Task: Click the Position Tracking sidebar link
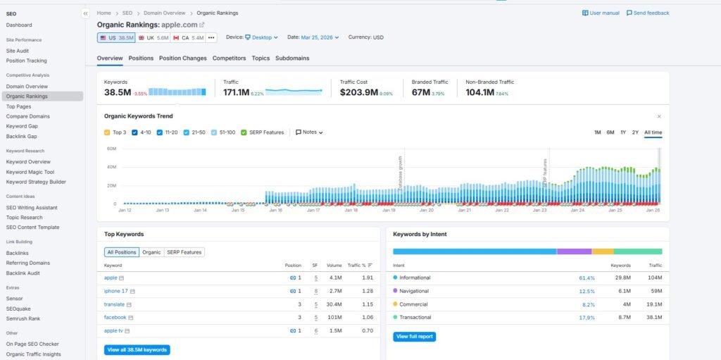pyautogui.click(x=26, y=61)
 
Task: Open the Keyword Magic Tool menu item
pyautogui.click(x=30, y=172)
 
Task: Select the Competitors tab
pyautogui.click(x=229, y=58)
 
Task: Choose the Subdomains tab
pyautogui.click(x=292, y=58)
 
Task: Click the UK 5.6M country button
pyautogui.click(x=153, y=37)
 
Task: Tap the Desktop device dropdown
pyautogui.click(x=261, y=37)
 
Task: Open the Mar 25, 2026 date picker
pyautogui.click(x=320, y=37)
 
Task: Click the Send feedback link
pyautogui.click(x=648, y=13)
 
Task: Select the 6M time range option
pyautogui.click(x=610, y=132)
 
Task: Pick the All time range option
pyautogui.click(x=653, y=132)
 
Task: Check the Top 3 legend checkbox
pyautogui.click(x=107, y=132)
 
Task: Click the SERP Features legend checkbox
pyautogui.click(x=244, y=132)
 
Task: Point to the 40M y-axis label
pyautogui.click(x=111, y=167)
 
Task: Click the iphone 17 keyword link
pyautogui.click(x=115, y=291)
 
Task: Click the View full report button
pyautogui.click(x=414, y=337)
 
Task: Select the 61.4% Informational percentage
pyautogui.click(x=587, y=278)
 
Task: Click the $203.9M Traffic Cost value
pyautogui.click(x=359, y=92)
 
